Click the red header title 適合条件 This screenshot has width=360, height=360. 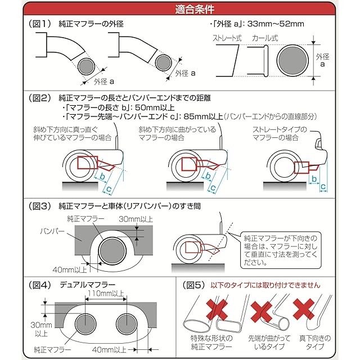[x=179, y=10]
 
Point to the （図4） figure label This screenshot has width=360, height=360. [x=40, y=285]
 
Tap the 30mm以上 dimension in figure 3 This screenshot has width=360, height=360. [x=136, y=218]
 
